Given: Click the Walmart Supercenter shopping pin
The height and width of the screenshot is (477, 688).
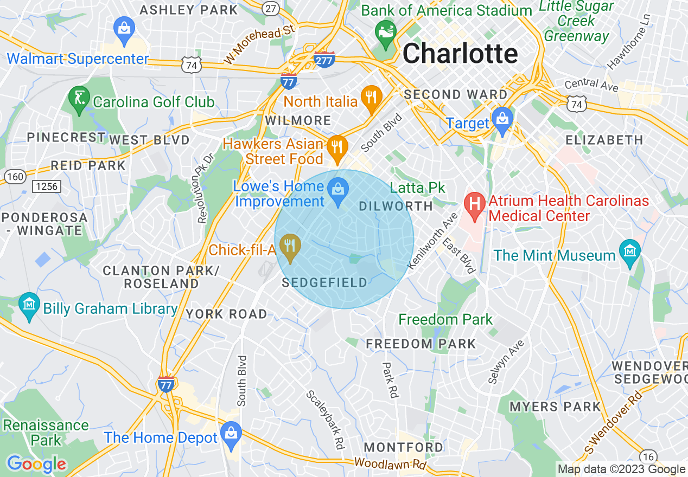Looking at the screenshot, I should [124, 31].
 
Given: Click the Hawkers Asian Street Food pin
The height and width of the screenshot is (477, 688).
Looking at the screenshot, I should [337, 147].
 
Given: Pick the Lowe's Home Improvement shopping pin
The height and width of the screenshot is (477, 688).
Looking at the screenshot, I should [339, 192].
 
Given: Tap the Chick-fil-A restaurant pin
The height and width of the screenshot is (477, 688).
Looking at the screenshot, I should [290, 248].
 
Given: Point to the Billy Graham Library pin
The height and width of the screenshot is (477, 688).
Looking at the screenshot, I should [29, 306].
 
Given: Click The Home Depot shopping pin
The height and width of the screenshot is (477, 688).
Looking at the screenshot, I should [231, 435].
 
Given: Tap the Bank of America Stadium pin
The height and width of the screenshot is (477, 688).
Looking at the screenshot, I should [386, 33].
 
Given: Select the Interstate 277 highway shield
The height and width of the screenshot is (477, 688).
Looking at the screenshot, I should [324, 59].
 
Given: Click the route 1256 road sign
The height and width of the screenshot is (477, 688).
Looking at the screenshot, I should [47, 186].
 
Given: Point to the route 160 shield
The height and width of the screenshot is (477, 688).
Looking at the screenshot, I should [14, 176].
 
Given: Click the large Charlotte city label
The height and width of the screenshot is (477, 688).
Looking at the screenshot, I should [460, 54].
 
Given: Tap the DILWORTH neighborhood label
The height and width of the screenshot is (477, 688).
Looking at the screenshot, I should [396, 206].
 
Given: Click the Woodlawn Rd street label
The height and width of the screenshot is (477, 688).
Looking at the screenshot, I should [390, 464].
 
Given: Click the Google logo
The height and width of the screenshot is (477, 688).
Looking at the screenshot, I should [36, 464].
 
